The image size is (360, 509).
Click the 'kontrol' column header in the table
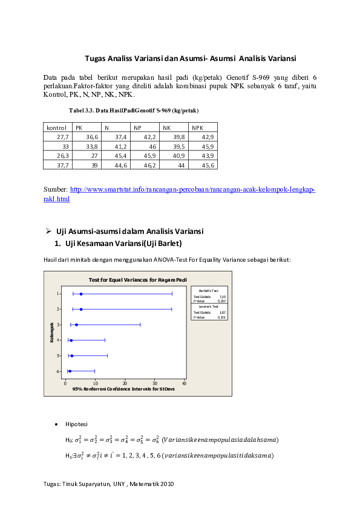[56, 128]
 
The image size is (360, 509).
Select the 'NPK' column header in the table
[198, 128]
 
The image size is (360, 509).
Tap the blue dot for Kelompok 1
[81, 294]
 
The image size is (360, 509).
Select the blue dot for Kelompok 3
[76, 325]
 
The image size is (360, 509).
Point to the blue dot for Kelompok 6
[70, 371]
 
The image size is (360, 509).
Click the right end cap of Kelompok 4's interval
[105, 340]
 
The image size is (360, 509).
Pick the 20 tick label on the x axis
[125, 383]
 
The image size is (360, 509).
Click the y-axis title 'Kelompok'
[53, 332]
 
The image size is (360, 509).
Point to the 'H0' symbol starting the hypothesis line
[68, 439]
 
